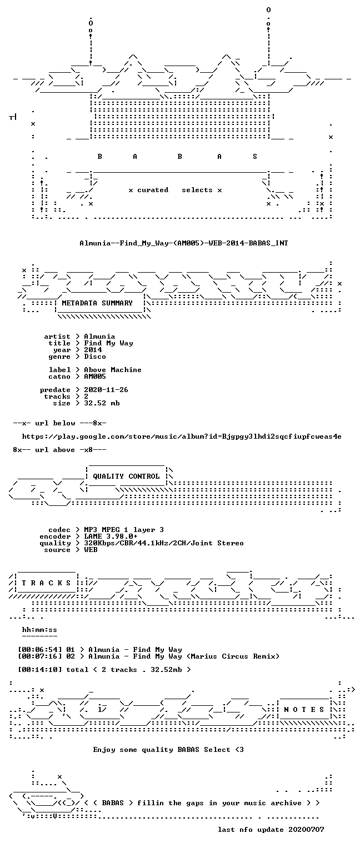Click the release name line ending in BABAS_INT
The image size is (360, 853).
point(184,243)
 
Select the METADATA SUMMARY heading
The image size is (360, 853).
point(97,303)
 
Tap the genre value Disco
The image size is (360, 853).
point(95,357)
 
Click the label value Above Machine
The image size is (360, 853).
point(113,370)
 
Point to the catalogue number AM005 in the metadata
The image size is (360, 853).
point(95,377)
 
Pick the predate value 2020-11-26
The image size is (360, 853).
point(106,390)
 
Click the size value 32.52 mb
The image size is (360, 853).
point(102,403)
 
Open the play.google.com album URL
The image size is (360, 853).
point(182,437)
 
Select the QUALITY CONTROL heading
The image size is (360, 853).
point(126,476)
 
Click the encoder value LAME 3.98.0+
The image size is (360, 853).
point(111,536)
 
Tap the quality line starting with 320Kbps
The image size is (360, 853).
point(164,544)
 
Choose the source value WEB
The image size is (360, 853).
point(91,550)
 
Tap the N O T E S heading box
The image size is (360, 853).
point(304,710)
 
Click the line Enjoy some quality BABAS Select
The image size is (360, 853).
point(168,750)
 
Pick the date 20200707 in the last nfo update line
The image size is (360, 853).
point(306,830)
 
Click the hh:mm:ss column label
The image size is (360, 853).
point(39,630)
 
